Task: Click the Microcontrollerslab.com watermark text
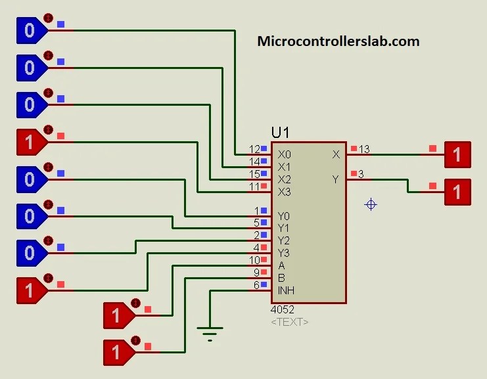(x=338, y=41)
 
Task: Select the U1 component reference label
(x=280, y=133)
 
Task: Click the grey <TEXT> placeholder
(x=289, y=322)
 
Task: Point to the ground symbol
(x=210, y=335)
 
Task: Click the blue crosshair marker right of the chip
(x=371, y=205)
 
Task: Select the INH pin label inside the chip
(x=285, y=290)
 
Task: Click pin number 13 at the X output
(x=364, y=150)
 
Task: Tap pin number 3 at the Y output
(x=361, y=173)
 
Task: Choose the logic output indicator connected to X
(x=457, y=155)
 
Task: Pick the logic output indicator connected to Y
(x=457, y=192)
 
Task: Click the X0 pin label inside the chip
(x=284, y=154)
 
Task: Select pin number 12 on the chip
(x=254, y=150)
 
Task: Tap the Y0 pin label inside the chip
(x=284, y=216)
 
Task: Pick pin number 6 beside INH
(x=257, y=285)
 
